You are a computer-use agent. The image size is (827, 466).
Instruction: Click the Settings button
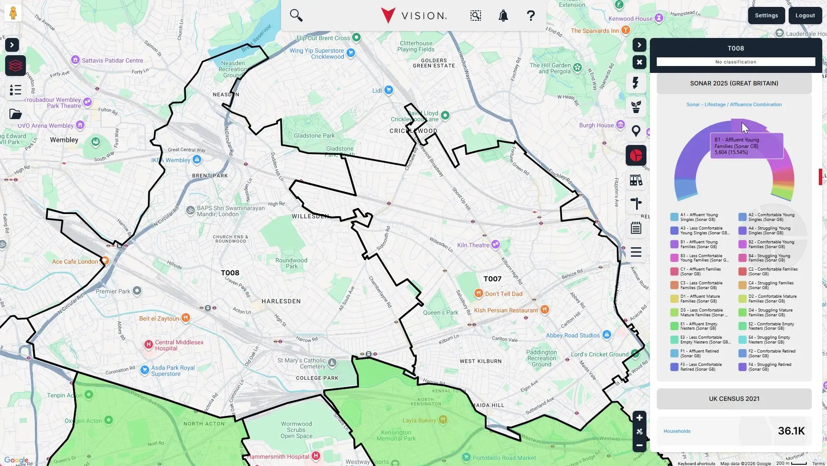click(766, 16)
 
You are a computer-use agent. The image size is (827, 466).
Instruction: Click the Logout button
click(805, 16)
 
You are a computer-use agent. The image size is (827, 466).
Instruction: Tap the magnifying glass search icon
click(296, 16)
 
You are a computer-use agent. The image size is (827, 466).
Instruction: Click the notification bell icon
click(503, 16)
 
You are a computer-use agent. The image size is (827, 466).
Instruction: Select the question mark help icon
click(531, 16)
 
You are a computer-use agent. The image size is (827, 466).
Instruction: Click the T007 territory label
click(492, 279)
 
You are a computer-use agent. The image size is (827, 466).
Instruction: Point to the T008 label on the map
click(230, 273)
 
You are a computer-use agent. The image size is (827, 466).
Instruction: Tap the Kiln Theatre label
click(473, 245)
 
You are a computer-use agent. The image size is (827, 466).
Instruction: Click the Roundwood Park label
click(291, 263)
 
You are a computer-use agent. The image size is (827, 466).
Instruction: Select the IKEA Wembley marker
click(197, 160)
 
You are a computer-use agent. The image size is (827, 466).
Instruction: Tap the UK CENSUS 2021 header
click(734, 399)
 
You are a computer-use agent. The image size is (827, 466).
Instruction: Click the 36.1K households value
click(791, 431)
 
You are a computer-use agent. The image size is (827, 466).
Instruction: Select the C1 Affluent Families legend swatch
click(674, 271)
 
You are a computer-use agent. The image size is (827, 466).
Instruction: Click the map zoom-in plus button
click(639, 418)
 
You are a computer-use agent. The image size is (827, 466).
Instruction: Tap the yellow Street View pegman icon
click(13, 13)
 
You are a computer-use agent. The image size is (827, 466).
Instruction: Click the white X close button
click(639, 62)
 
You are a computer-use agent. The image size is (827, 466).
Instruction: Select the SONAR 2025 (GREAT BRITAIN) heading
click(734, 83)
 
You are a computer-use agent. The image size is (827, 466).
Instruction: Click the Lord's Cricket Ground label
click(599, 355)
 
